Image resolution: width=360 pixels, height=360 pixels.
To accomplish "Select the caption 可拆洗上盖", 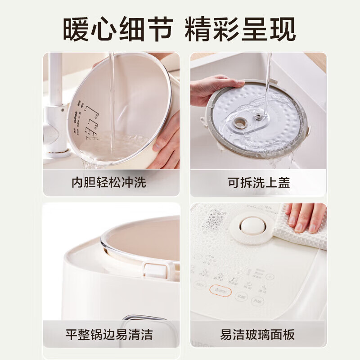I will coord(258,183).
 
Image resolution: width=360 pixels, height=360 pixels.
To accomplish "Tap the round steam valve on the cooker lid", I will coord(252,225).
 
